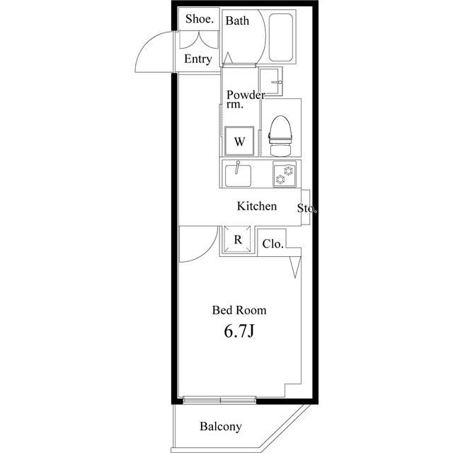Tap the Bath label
click(x=237, y=21)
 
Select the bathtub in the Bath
click(x=281, y=38)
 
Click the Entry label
click(x=197, y=59)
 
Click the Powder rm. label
click(x=244, y=99)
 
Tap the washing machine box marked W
click(x=239, y=141)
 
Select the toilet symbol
click(x=281, y=134)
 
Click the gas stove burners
click(x=285, y=174)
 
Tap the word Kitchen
click(x=256, y=207)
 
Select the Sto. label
click(x=306, y=209)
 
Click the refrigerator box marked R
click(x=239, y=240)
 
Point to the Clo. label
click(x=273, y=244)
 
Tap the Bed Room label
click(x=239, y=310)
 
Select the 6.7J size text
click(x=239, y=331)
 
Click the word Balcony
click(x=220, y=427)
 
